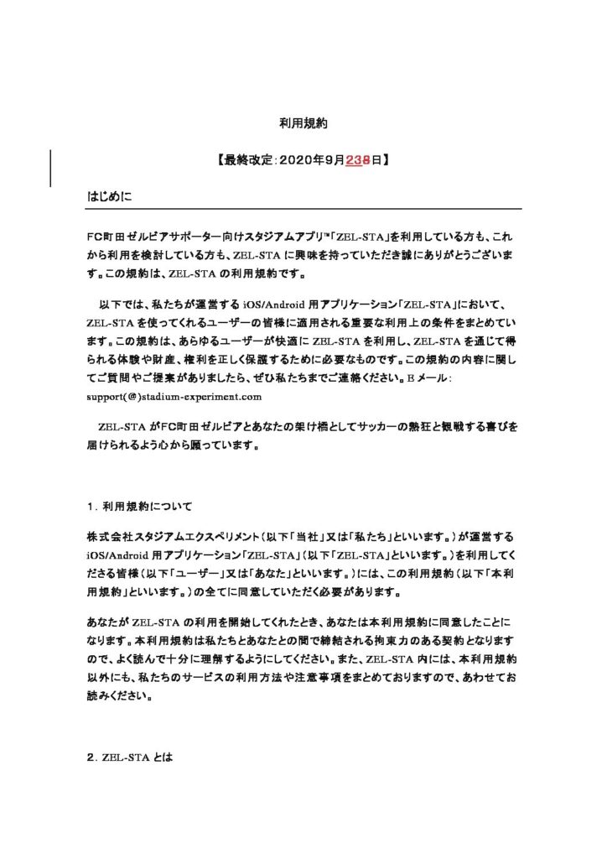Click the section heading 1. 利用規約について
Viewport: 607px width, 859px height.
(140, 507)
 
